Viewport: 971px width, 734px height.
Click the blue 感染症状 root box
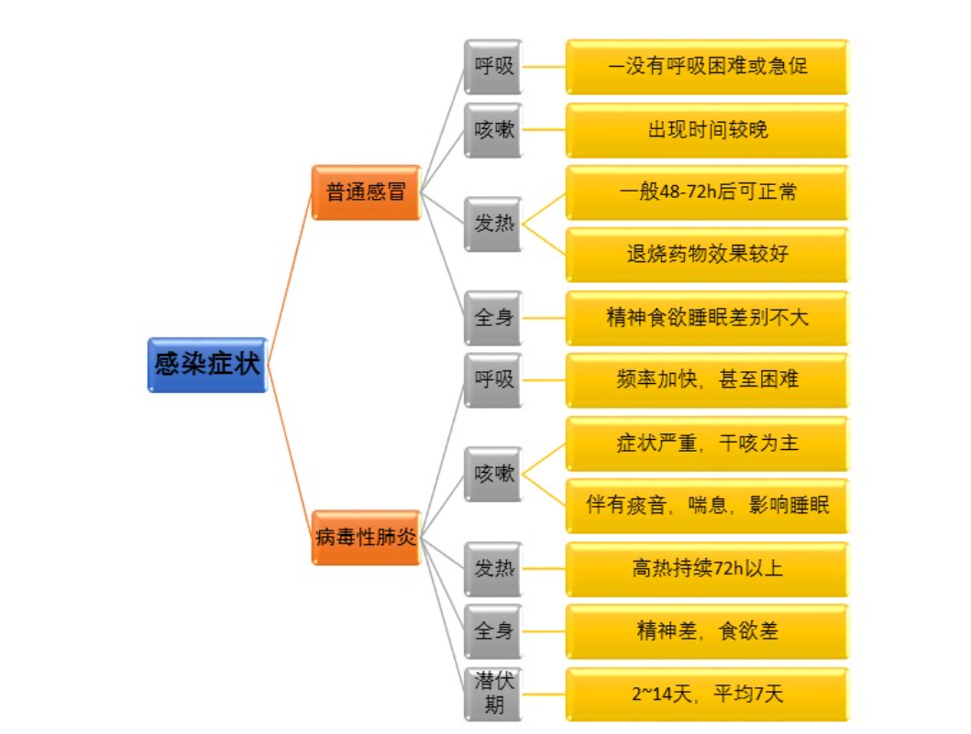[x=208, y=365]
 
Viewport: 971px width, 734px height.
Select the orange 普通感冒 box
[x=366, y=192]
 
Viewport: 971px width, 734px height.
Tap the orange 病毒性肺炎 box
[x=366, y=537]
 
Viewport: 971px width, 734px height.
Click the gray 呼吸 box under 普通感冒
[x=493, y=67]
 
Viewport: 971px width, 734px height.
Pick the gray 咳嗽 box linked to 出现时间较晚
[x=493, y=130]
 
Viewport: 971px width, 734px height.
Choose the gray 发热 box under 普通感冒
[x=493, y=224]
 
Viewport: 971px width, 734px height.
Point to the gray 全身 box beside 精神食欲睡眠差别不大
[x=493, y=318]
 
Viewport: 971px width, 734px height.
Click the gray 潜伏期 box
[x=493, y=694]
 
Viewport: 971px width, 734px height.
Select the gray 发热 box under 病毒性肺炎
[x=493, y=569]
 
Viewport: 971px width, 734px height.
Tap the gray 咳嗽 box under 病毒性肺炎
[x=493, y=475]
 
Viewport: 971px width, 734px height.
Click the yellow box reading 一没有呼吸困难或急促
[x=707, y=67]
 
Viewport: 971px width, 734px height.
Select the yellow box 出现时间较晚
[x=707, y=130]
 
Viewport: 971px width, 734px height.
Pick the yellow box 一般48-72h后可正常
[x=707, y=192]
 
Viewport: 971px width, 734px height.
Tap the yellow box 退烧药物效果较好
[x=707, y=255]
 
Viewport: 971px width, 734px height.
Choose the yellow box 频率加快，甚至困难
[x=707, y=380]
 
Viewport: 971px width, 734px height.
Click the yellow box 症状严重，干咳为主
[x=707, y=444]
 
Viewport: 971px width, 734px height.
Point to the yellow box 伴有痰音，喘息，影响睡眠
[x=707, y=506]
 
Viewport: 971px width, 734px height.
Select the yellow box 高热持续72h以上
[x=707, y=569]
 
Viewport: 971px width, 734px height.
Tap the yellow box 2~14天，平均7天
[x=707, y=694]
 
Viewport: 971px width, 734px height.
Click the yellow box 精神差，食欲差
[x=707, y=631]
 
